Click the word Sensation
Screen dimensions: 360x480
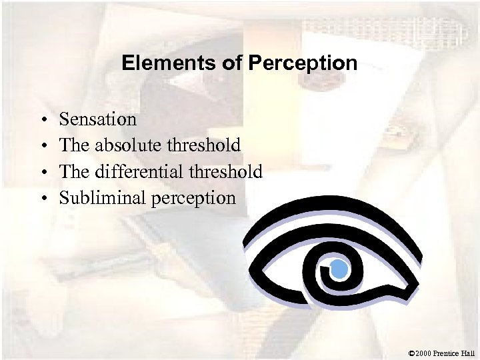[x=98, y=119]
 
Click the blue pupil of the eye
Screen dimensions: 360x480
[x=339, y=271]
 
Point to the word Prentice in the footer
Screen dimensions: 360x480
[x=446, y=353]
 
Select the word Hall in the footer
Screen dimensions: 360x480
[x=468, y=353]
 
